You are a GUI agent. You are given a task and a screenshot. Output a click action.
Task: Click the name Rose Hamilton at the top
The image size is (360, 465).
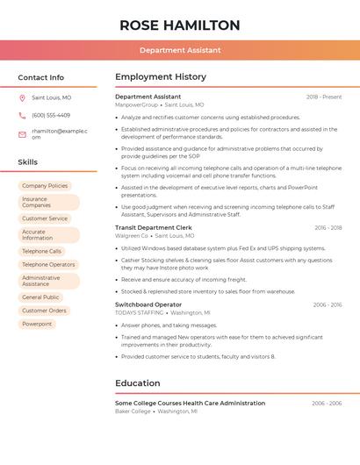pos(179,25)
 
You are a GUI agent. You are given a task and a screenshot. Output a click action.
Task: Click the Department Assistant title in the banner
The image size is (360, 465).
pos(179,50)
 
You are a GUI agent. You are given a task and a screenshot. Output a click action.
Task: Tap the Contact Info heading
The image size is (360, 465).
pos(40,77)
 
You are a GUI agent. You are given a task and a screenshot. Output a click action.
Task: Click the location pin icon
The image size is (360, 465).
pos(22,97)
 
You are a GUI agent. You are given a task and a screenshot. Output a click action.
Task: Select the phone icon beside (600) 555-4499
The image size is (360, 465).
pos(22,115)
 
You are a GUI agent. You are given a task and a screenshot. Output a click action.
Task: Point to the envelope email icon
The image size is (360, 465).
pos(22,133)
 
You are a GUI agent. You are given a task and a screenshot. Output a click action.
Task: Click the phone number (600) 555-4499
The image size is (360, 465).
pos(51,115)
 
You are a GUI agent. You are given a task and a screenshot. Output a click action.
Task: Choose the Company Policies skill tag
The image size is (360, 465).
pos(45,186)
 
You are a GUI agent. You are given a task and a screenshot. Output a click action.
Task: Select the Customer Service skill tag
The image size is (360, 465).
pos(45,218)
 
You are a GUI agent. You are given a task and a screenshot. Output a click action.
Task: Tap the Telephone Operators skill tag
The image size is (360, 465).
pos(48,264)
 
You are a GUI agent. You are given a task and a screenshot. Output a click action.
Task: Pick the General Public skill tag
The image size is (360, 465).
pos(40,297)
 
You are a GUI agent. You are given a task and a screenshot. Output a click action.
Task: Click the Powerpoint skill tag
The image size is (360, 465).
pos(37,324)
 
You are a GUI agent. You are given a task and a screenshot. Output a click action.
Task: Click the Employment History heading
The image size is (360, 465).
pos(161,77)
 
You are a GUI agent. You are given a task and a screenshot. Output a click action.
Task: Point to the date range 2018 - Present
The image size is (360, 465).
pos(323,97)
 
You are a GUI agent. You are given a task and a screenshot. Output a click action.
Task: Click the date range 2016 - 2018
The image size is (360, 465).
pos(328,228)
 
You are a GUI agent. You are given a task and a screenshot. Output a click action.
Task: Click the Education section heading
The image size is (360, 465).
pos(138,383)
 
